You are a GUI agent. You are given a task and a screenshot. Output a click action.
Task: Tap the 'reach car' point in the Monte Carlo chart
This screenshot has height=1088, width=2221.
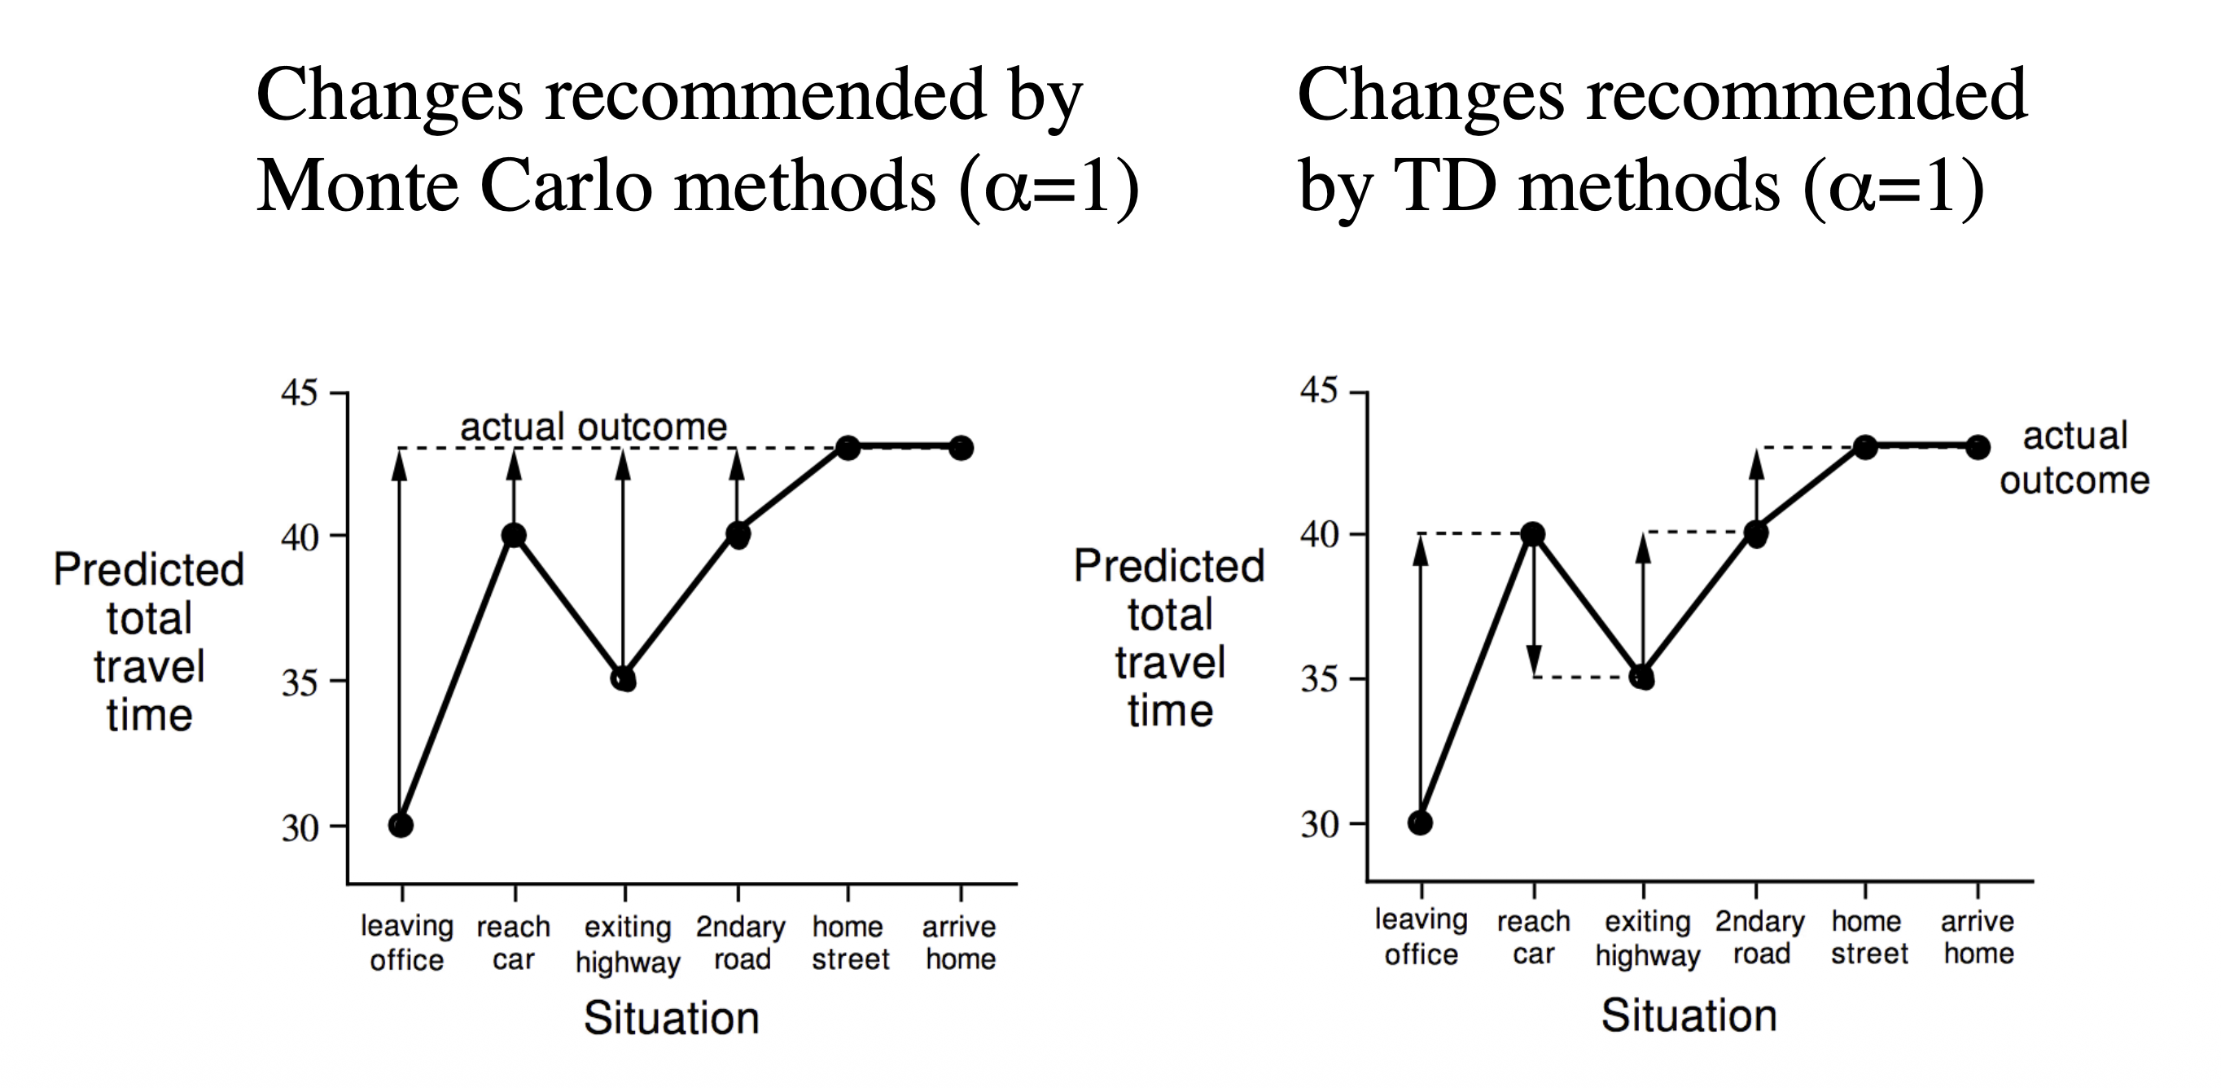coord(514,535)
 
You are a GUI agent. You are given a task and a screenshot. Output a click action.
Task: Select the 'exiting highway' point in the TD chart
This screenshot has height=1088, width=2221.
coord(1643,678)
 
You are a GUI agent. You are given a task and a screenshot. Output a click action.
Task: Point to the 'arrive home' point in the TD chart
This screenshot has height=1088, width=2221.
coord(1978,447)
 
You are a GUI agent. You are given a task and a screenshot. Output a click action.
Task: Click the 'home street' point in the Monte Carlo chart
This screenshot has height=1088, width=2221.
coord(848,447)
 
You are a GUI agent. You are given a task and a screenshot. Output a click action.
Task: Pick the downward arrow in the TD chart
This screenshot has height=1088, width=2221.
coord(1533,612)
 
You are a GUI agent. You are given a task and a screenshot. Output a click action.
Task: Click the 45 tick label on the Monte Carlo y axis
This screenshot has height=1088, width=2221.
coord(299,393)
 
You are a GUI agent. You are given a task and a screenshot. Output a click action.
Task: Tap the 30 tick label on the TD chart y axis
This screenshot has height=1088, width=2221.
coord(1319,825)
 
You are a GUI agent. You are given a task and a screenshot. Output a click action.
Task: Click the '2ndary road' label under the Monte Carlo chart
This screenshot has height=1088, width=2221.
coord(741,942)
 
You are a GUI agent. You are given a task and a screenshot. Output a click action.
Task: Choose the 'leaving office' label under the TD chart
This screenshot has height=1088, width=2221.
coord(1421,937)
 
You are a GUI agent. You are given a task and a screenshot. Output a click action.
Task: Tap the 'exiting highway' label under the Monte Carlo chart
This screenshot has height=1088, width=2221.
coord(628,944)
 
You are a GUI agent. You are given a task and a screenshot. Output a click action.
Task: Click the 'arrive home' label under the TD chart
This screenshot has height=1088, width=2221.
coord(1978,937)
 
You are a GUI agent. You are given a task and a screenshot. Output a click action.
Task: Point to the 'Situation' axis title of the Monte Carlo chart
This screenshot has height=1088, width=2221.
coord(672,1018)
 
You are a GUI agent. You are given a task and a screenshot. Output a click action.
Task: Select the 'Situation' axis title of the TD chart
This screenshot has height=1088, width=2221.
coord(1689,1016)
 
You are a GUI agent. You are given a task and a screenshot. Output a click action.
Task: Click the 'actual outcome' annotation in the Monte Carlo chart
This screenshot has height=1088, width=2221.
coord(594,427)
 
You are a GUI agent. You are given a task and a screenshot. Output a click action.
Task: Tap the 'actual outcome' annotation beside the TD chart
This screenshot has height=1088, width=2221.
coord(2074,458)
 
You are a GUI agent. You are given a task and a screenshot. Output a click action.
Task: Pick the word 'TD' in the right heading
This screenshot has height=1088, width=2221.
coord(1444,186)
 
